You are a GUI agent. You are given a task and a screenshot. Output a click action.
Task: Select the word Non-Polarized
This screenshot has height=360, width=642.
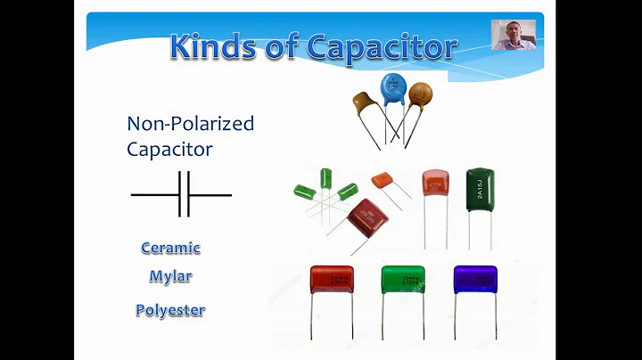coord(190,124)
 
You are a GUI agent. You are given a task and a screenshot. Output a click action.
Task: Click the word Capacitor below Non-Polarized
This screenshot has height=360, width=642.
coord(169,148)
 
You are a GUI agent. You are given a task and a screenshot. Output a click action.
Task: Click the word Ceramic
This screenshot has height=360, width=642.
coord(170,248)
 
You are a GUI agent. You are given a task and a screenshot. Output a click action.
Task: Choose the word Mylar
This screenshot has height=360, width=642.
coord(170,276)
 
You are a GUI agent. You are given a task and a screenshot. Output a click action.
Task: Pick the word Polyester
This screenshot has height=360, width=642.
coord(170,310)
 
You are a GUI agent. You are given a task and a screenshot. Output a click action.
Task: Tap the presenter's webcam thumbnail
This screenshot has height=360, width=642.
coord(514,35)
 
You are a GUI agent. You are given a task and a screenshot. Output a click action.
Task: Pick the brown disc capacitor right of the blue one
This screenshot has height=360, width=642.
coord(419,95)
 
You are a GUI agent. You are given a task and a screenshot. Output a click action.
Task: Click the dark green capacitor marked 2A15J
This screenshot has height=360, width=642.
coord(480,189)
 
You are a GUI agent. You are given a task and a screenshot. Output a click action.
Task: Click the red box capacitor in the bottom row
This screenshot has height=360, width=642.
coord(332,279)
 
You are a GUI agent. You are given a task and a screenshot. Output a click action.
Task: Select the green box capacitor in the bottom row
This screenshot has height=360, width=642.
coord(403,279)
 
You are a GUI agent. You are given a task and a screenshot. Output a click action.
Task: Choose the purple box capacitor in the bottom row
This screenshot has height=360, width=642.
coord(474,279)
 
